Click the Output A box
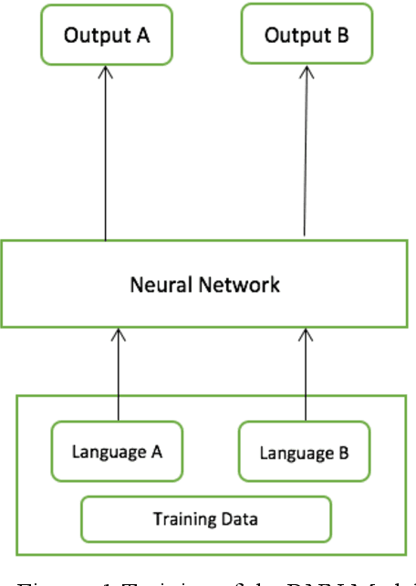[106, 37]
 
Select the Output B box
[307, 37]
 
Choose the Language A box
[117, 451]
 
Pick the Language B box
[305, 452]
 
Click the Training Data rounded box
[205, 519]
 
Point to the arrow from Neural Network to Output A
[105, 155]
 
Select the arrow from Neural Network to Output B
[306, 155]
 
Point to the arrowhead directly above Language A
[117, 337]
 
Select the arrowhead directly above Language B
[306, 337]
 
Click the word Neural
[158, 285]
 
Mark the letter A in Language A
[156, 451]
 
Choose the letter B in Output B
[340, 37]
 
